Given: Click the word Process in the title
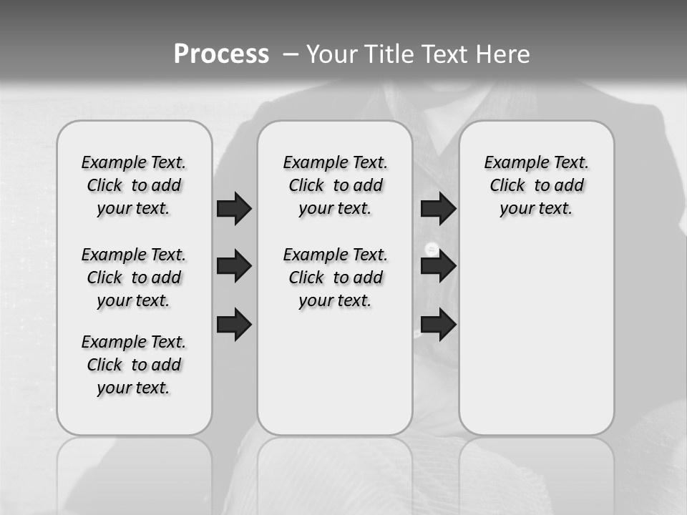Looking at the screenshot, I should point(221,54).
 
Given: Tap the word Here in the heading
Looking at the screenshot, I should point(504,54).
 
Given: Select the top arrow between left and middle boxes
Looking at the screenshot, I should point(234,208).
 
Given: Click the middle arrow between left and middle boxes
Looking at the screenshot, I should point(234,266).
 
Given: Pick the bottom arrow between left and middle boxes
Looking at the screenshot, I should point(234,324).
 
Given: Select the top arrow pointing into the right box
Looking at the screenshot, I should point(438,208).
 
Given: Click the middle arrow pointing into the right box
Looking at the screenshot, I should point(438,266).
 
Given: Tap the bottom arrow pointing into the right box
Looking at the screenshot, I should point(438,324).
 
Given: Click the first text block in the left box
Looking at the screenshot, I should point(134,185).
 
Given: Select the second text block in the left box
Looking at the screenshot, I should point(134,278).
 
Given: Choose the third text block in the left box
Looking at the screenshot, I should point(134,365).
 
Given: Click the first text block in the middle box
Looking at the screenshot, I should point(335,185).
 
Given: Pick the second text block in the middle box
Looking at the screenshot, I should point(335,278).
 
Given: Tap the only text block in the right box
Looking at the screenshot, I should point(536,185).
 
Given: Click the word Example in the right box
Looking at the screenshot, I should point(511,163).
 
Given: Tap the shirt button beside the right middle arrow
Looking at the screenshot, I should point(432,248).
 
